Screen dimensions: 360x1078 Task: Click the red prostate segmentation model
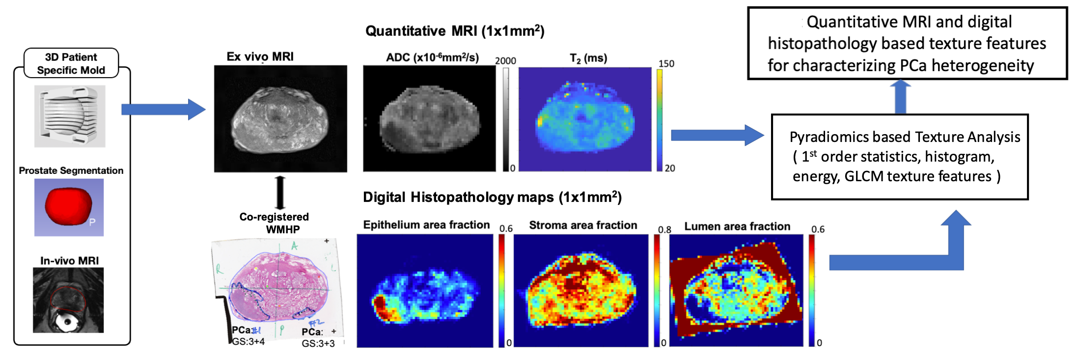click(68, 206)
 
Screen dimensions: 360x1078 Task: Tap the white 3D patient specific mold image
click(70, 116)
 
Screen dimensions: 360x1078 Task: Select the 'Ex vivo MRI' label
click(260, 57)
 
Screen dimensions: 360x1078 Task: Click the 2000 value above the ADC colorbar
click(505, 61)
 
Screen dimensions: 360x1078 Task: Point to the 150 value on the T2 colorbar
click(666, 64)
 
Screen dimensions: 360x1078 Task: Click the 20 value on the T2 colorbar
click(670, 168)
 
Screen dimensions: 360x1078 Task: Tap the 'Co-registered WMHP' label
click(275, 223)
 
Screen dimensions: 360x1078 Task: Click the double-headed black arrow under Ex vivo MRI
click(280, 193)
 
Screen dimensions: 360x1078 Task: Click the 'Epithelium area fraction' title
click(426, 225)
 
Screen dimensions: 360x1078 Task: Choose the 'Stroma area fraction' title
click(583, 225)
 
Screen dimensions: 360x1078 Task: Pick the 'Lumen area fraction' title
click(737, 226)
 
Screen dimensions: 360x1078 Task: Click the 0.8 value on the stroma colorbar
click(664, 230)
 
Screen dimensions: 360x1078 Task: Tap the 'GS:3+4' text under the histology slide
click(249, 341)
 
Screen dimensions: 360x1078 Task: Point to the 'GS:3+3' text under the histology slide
click(318, 344)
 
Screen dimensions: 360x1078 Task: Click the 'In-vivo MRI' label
click(69, 261)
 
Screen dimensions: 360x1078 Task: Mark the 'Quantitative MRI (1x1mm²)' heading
click(455, 31)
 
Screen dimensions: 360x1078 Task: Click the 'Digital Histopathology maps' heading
click(492, 197)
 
